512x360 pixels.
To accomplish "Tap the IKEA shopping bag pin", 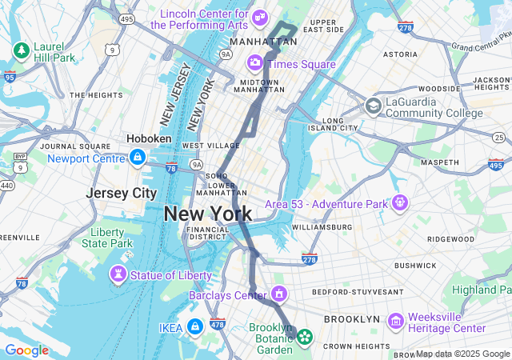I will [194, 326].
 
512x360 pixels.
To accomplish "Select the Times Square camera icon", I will [255, 62].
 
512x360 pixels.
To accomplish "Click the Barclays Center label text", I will [227, 295].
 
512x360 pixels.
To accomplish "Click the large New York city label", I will [208, 214].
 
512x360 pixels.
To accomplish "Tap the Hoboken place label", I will [149, 138].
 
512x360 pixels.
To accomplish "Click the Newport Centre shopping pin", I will [138, 156].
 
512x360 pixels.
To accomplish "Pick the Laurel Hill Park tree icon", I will [21, 50].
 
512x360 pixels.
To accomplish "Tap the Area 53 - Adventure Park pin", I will [398, 203].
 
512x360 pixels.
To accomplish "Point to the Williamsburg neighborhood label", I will [322, 227].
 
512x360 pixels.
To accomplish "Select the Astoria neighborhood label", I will [400, 54].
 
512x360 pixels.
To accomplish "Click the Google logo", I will [26, 350].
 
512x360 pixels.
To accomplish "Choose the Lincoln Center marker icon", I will [259, 18].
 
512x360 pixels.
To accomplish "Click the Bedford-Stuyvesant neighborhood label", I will [358, 292].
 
